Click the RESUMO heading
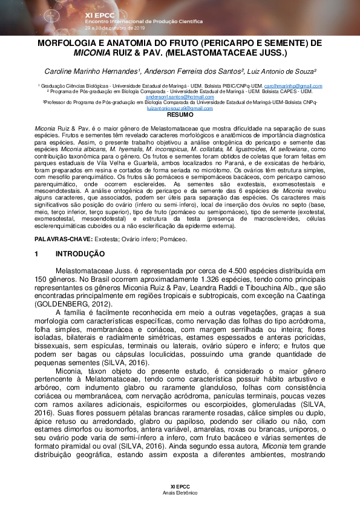[x=180, y=114]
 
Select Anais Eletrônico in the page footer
[x=180, y=493]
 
